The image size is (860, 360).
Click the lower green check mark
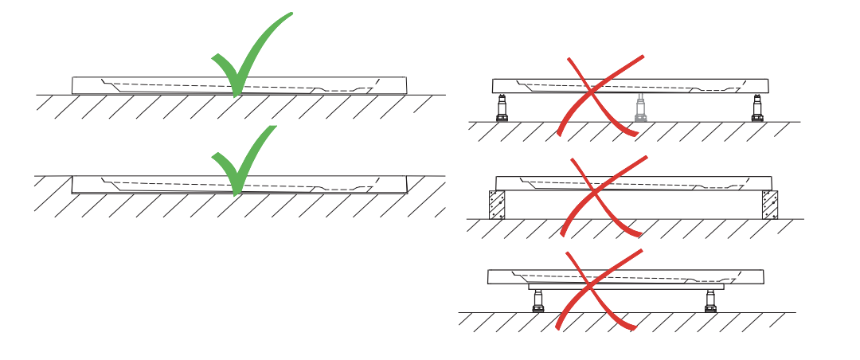coord(240,159)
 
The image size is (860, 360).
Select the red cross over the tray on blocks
coord(602,194)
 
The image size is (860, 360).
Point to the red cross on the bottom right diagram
coord(599,288)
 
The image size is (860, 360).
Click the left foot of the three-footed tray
coord(502,108)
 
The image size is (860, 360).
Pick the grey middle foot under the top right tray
coord(640,108)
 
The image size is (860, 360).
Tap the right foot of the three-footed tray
coord(756,108)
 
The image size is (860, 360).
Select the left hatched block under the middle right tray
coord(497,205)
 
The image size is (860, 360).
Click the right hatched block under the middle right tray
coord(769,205)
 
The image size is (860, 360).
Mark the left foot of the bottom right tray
coord(538,300)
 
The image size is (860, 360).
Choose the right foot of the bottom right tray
coord(710,300)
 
